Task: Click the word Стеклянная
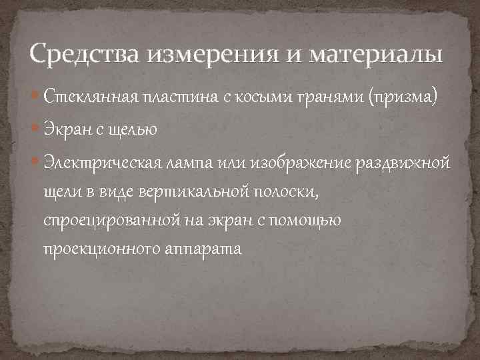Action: click(x=89, y=98)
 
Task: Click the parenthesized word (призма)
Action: click(x=397, y=99)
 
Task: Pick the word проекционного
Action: click(x=101, y=250)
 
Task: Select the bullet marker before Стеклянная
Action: click(x=36, y=98)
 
